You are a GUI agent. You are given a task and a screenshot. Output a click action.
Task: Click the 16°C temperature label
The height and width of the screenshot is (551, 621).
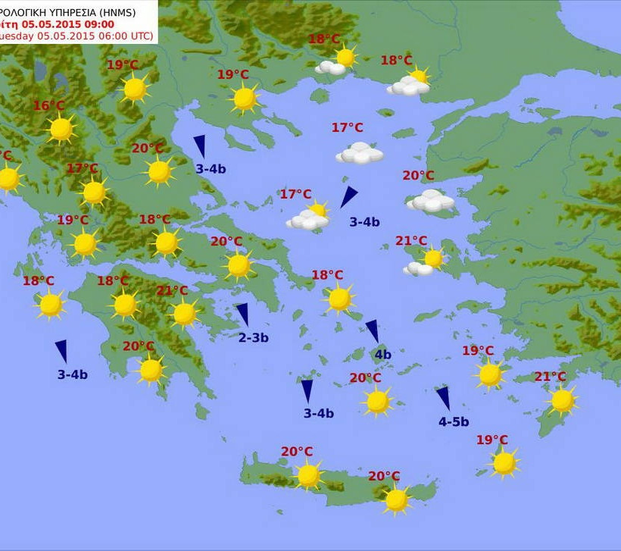pyautogui.click(x=48, y=106)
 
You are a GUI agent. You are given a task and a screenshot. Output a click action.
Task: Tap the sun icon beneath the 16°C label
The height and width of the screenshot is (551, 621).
pyautogui.click(x=61, y=130)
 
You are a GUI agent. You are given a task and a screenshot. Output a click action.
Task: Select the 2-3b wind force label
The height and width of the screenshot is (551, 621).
pyautogui.click(x=253, y=338)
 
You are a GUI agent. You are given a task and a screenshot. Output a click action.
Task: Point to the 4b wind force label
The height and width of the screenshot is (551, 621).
pyautogui.click(x=382, y=355)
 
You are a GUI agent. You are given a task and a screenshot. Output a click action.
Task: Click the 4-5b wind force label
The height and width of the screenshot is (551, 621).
pyautogui.click(x=453, y=422)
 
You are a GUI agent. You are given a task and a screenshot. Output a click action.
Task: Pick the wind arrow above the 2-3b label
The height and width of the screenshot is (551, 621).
pyautogui.click(x=242, y=314)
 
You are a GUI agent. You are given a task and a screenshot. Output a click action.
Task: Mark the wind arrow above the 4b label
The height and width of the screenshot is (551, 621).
pyautogui.click(x=373, y=330)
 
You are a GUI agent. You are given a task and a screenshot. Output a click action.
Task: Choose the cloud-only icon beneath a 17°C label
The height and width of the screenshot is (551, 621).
pyautogui.click(x=360, y=154)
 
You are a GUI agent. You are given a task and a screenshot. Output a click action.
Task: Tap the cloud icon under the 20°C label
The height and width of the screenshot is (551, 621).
pyautogui.click(x=431, y=201)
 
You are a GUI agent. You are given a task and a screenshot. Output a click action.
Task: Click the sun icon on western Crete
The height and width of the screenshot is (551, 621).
pyautogui.click(x=308, y=476)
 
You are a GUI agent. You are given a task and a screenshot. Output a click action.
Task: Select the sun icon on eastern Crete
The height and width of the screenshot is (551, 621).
pyautogui.click(x=396, y=500)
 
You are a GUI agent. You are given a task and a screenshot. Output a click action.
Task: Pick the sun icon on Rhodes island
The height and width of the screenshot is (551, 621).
pyautogui.click(x=562, y=401)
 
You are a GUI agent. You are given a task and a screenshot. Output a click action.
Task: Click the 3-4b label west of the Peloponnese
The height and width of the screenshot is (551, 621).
pyautogui.click(x=72, y=374)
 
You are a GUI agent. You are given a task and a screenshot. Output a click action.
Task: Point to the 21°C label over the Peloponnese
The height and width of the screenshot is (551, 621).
pyautogui.click(x=172, y=291)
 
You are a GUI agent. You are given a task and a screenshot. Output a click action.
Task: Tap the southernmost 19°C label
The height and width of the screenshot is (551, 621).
pyautogui.click(x=491, y=440)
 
